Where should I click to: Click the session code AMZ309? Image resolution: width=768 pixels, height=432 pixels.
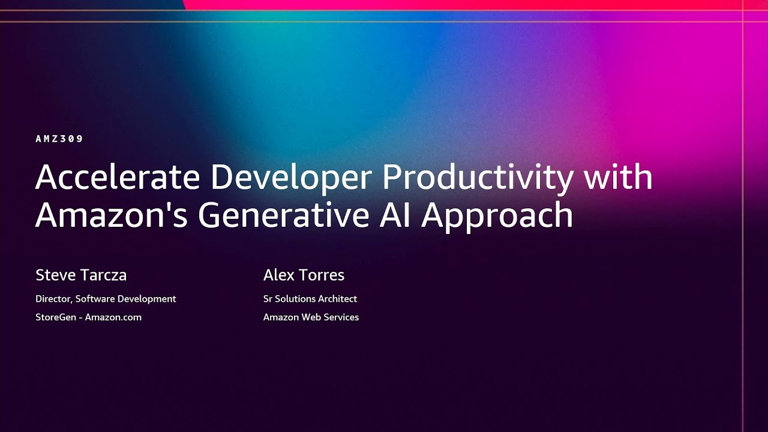click(x=59, y=139)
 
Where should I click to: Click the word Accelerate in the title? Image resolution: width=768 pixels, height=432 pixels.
click(x=118, y=178)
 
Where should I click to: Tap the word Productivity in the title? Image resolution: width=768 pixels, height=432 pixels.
click(x=478, y=178)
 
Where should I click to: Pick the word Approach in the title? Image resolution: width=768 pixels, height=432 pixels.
click(x=497, y=215)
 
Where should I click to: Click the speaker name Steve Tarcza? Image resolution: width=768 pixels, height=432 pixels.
click(x=81, y=275)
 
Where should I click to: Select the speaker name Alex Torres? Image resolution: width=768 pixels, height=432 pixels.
click(x=304, y=275)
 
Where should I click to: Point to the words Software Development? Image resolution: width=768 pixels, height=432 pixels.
click(x=126, y=299)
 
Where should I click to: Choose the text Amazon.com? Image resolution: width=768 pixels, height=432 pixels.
click(x=113, y=317)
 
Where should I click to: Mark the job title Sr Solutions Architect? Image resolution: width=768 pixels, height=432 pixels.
click(x=310, y=299)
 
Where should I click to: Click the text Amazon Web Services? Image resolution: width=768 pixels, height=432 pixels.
click(x=311, y=317)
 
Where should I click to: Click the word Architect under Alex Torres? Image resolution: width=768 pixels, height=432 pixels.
click(x=337, y=299)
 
